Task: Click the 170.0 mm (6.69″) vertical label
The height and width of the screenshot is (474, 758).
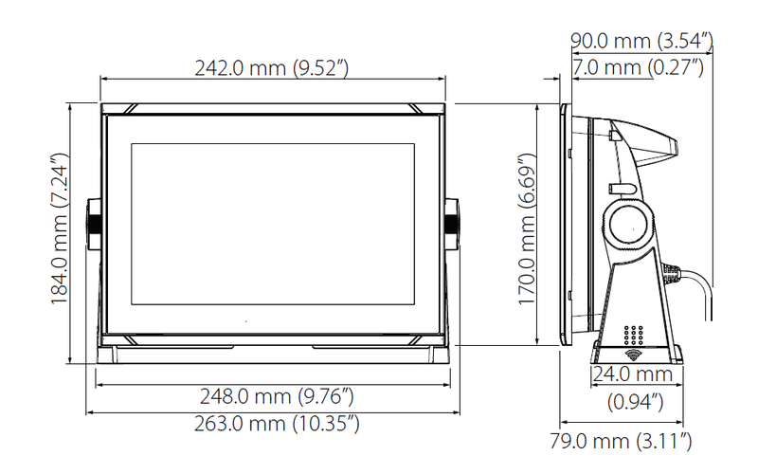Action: (528, 228)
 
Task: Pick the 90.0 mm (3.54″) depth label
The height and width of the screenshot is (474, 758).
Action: (641, 41)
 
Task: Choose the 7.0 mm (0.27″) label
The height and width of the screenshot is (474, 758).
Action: (637, 67)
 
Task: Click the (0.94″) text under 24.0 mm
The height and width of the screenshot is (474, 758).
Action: (634, 402)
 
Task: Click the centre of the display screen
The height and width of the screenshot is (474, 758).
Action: (273, 224)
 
